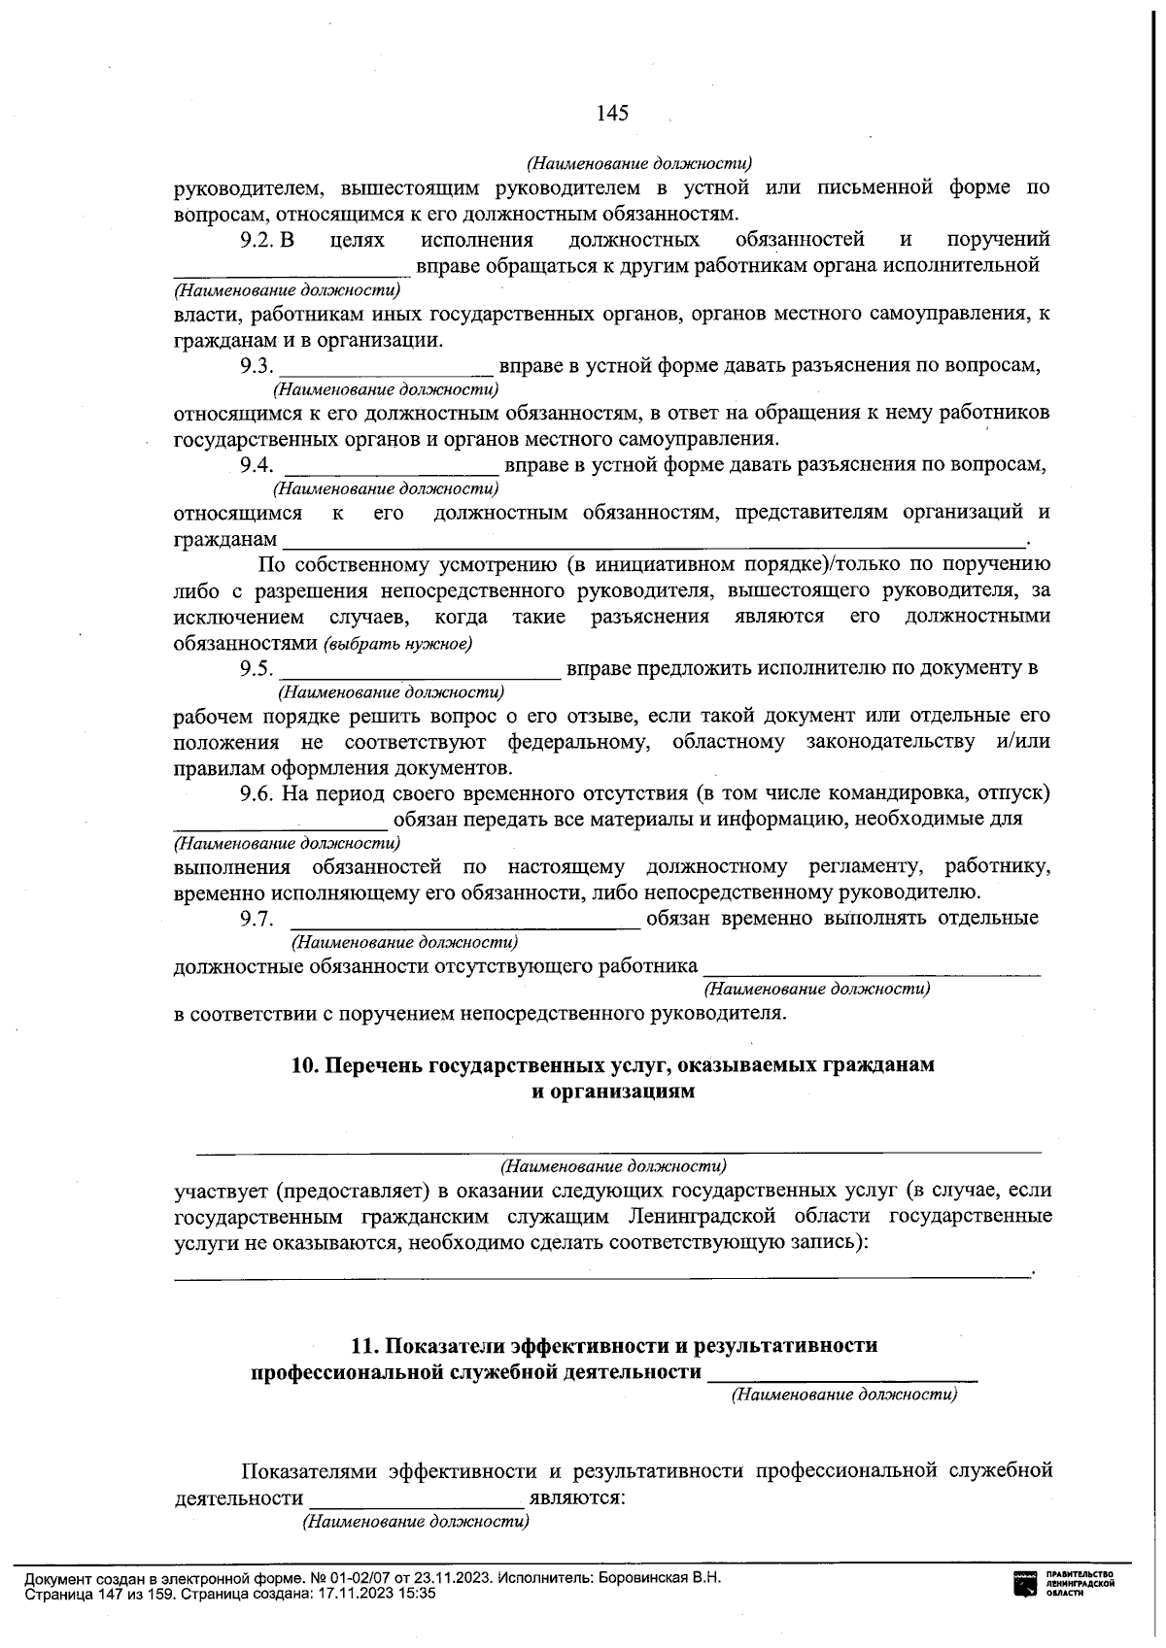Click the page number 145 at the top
point(612,113)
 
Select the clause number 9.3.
point(257,366)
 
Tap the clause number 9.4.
point(257,464)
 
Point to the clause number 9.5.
point(257,668)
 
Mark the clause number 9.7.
point(257,919)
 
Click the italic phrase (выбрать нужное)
point(398,644)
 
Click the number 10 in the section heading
point(303,1065)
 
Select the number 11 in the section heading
point(361,1346)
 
